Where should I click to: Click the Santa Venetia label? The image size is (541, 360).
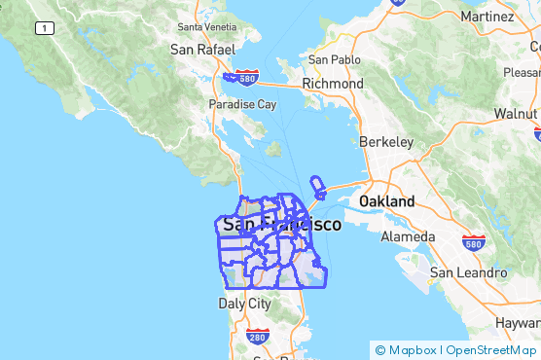[x=207, y=26]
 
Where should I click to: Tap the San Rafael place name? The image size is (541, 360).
[x=201, y=49]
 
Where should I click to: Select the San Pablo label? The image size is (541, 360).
[x=328, y=59]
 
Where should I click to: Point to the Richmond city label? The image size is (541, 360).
[x=333, y=84]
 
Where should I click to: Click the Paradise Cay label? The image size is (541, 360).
[x=242, y=104]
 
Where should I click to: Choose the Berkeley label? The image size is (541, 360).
[x=386, y=142]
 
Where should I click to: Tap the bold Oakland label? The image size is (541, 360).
[x=386, y=201]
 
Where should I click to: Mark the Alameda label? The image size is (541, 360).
[x=409, y=236]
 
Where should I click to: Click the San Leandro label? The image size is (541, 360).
[x=468, y=273]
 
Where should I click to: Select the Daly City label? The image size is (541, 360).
[x=244, y=304]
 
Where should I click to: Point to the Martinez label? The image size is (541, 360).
[x=487, y=17]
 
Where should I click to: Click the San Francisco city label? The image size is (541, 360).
[x=281, y=225]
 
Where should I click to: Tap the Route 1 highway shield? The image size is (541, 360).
[x=45, y=28]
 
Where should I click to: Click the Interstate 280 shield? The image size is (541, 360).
[x=257, y=338]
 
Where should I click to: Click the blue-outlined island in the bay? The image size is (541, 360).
[x=316, y=185]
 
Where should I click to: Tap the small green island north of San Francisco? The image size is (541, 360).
[x=274, y=150]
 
